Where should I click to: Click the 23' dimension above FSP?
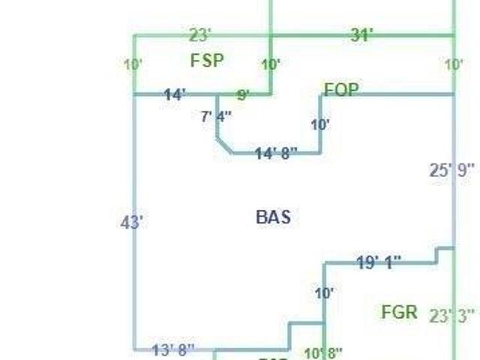[x=201, y=34]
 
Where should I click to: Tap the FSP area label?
[x=207, y=61]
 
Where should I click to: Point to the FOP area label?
[x=341, y=90]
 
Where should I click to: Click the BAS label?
[x=273, y=217]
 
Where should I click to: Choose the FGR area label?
[x=399, y=312]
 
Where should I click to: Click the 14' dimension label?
[x=175, y=95]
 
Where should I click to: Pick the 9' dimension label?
[x=243, y=95]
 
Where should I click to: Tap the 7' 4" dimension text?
[x=216, y=116]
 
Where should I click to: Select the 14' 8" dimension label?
[x=276, y=153]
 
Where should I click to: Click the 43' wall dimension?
[x=132, y=222]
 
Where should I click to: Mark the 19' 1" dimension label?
[x=379, y=262]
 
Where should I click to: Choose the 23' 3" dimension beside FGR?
[x=452, y=316]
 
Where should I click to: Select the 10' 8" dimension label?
[x=323, y=352]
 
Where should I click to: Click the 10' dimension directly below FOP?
[x=320, y=124]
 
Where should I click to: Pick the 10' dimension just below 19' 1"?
[x=324, y=293]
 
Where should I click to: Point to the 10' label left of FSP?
[x=133, y=64]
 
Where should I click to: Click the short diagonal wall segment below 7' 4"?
[x=223, y=145]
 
